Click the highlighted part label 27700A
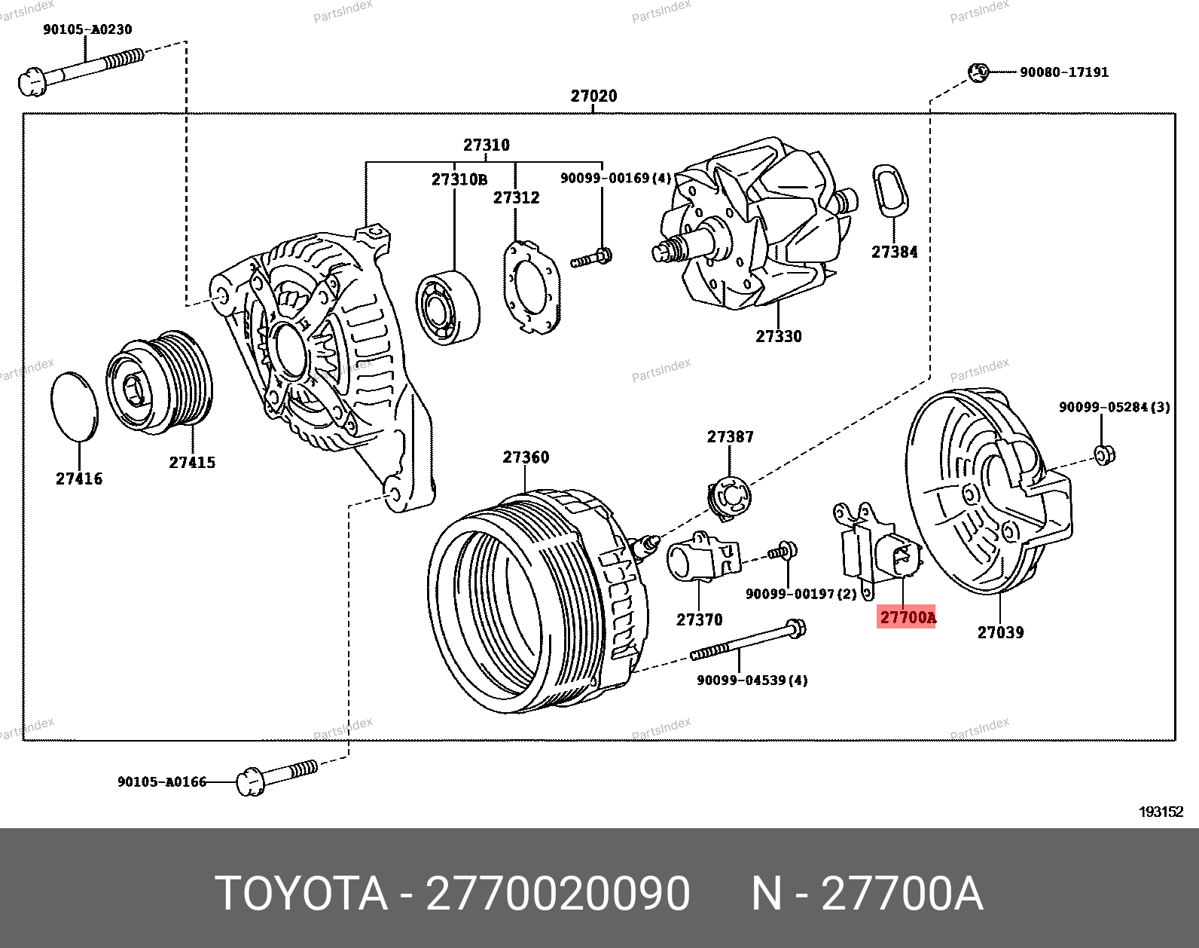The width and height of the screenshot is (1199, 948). (907, 618)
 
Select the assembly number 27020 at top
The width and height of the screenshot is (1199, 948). (593, 96)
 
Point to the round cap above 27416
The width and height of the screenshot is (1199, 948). (75, 405)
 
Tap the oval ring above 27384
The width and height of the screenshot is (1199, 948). (890, 190)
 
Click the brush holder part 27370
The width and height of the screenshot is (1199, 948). (702, 558)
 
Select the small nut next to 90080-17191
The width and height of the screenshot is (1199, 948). (978, 72)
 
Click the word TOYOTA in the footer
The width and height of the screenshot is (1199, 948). (301, 894)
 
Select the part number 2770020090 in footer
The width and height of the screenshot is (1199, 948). (557, 894)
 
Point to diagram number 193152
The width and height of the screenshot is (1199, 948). (1161, 812)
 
